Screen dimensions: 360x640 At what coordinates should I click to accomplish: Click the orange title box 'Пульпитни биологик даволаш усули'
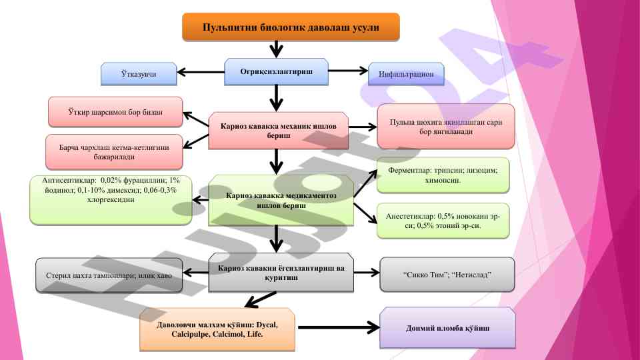[291, 27]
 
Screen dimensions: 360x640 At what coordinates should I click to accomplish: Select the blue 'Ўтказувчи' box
[139, 74]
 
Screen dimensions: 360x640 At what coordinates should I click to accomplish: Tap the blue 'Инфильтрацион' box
[406, 74]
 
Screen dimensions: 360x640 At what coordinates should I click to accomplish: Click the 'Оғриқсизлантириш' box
[276, 71]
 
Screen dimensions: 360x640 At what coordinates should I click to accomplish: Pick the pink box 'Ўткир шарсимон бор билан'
[115, 111]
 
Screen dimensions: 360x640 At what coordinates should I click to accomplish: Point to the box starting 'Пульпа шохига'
[445, 126]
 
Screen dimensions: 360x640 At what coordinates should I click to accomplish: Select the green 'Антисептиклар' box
[111, 199]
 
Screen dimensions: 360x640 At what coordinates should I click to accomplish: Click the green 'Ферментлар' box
[443, 175]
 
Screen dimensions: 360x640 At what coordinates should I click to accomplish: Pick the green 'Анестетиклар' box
[443, 221]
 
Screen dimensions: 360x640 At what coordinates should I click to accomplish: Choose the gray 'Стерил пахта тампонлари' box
[109, 275]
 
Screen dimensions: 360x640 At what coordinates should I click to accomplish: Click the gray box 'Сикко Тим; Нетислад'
[447, 274]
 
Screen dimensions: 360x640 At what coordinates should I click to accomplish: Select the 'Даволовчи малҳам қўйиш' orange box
[217, 329]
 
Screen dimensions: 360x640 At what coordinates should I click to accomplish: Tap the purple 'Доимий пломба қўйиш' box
[447, 328]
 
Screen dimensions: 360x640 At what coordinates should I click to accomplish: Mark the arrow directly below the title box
[276, 49]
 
